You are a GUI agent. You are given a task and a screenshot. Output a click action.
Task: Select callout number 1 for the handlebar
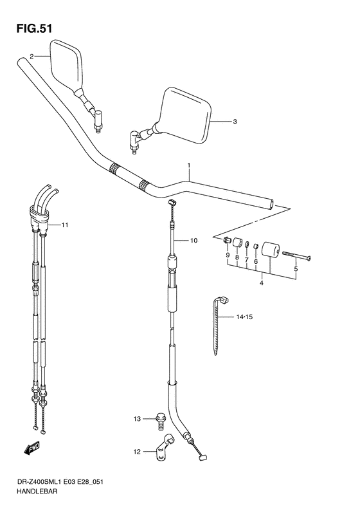click(x=189, y=165)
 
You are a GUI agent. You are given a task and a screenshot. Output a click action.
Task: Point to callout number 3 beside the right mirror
click(x=235, y=121)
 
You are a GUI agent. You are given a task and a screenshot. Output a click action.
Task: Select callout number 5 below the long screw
click(x=296, y=270)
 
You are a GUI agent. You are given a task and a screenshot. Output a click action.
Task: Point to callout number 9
click(x=227, y=255)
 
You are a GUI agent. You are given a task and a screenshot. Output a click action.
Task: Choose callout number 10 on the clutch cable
click(x=194, y=241)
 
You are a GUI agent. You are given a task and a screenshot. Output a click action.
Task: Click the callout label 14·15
click(x=245, y=317)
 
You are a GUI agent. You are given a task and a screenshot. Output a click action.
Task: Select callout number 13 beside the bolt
click(x=137, y=419)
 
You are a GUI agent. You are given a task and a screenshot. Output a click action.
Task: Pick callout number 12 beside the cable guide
click(x=137, y=452)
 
